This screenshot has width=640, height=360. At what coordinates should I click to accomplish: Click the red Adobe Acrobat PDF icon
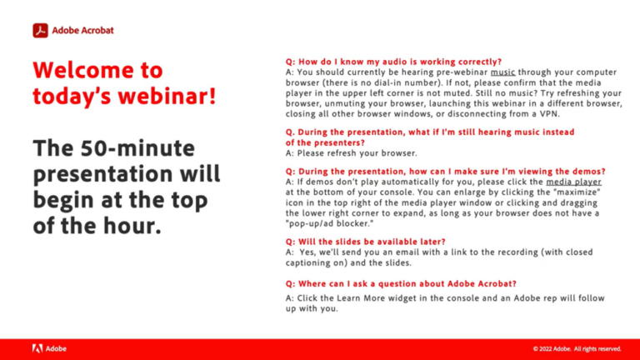pyautogui.click(x=40, y=31)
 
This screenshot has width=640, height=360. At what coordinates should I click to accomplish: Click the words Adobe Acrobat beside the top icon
pyautogui.click(x=82, y=31)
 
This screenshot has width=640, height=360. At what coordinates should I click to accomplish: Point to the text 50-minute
pyautogui.click(x=137, y=147)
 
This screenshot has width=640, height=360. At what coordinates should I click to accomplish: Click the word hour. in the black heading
pyautogui.click(x=132, y=226)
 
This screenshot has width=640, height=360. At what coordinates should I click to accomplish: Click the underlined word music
pyautogui.click(x=502, y=72)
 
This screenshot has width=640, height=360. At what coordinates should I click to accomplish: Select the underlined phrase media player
pyautogui.click(x=573, y=182)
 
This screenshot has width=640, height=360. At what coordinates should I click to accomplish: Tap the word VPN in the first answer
pyautogui.click(x=549, y=114)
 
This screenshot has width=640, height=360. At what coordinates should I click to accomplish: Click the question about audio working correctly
pyautogui.click(x=393, y=62)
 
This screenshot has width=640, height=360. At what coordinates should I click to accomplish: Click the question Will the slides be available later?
pyautogui.click(x=365, y=242)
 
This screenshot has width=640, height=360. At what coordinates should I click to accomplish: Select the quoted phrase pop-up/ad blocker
pyautogui.click(x=329, y=223)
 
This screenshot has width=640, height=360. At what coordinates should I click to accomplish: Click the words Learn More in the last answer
pyautogui.click(x=361, y=298)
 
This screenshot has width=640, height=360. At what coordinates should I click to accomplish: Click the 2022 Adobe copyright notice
pyautogui.click(x=577, y=349)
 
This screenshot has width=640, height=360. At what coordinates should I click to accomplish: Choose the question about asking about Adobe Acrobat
pyautogui.click(x=401, y=283)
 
